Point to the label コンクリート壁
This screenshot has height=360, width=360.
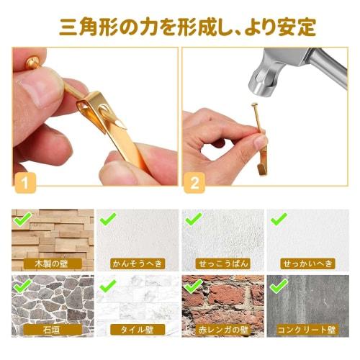(x=307, y=330)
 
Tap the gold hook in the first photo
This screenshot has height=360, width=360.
(x=108, y=122)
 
